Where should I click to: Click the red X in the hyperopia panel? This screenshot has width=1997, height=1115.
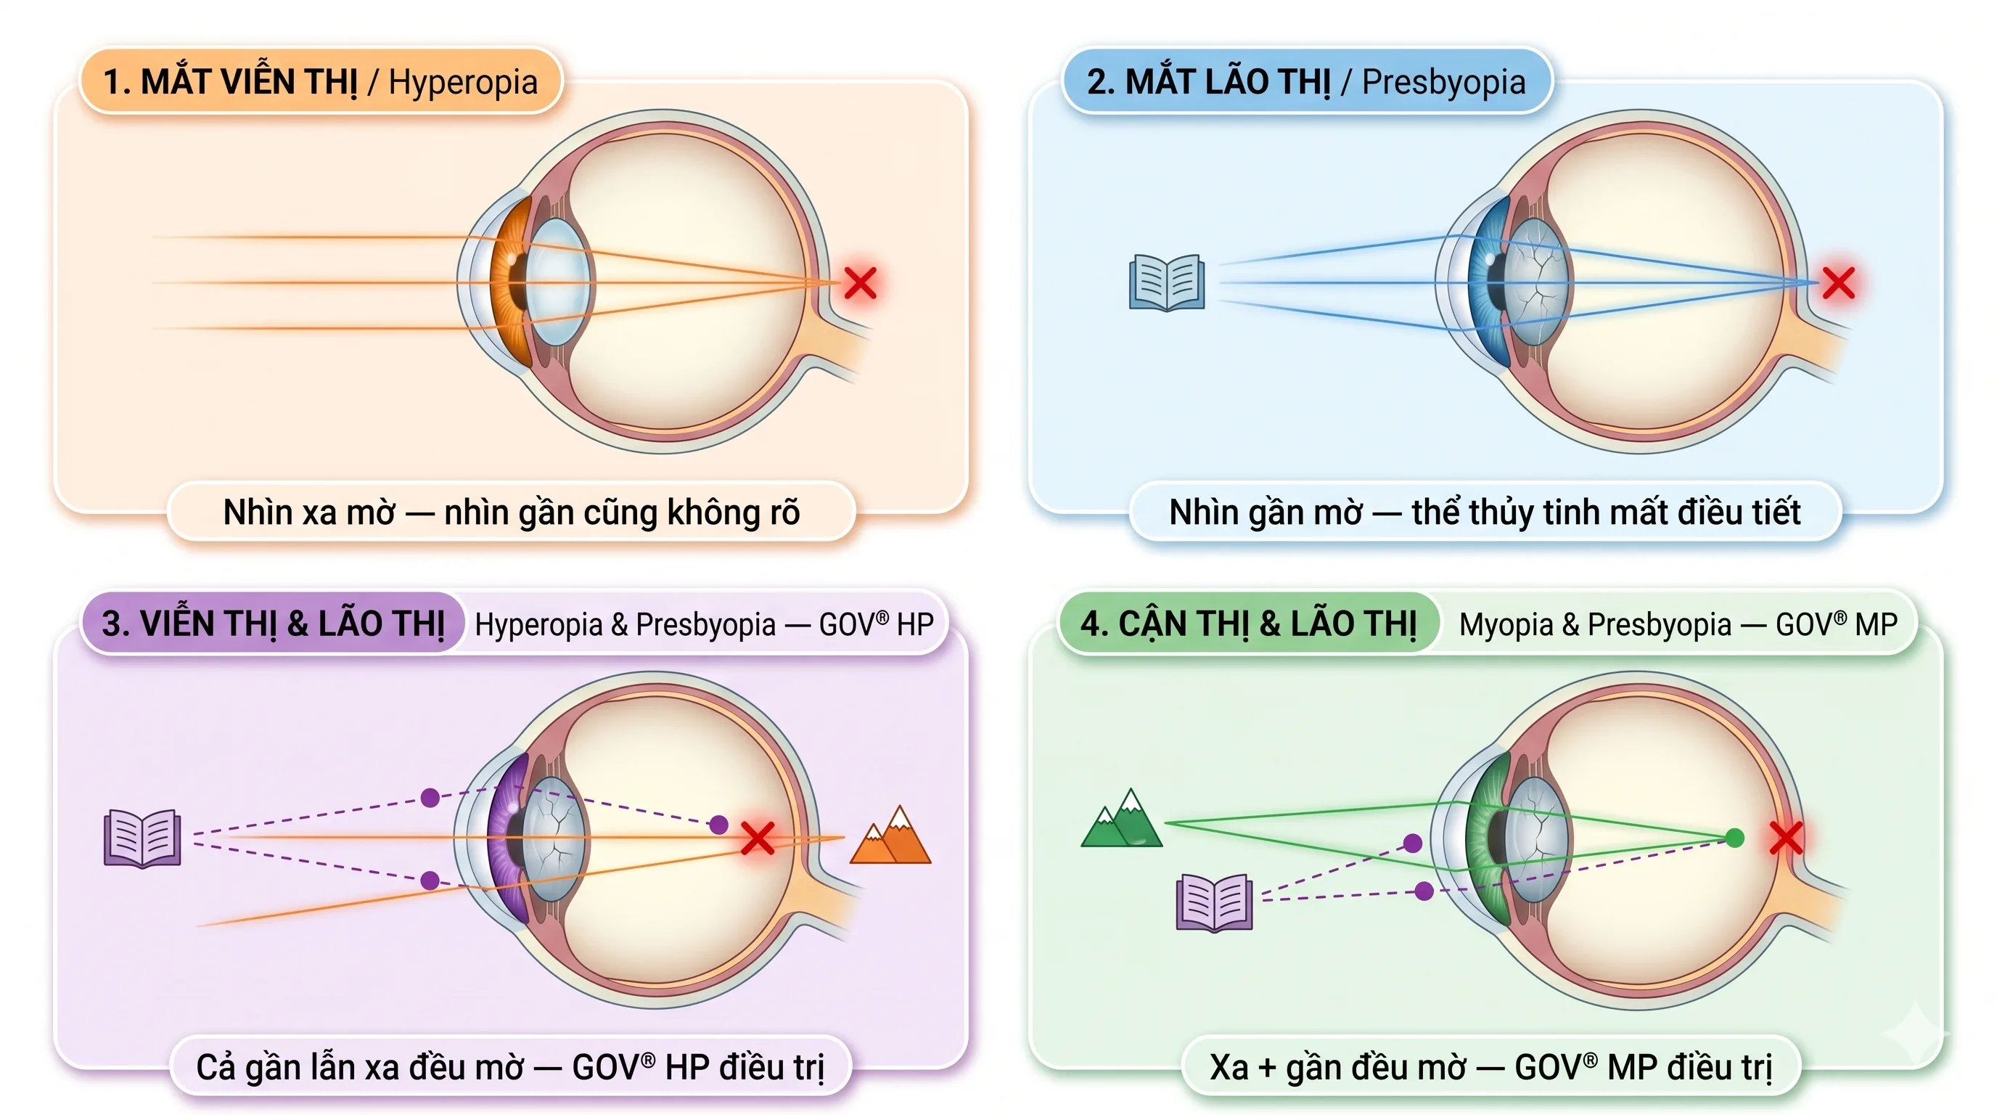pos(860,283)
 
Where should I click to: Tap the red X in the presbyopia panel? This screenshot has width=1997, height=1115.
pos(1838,283)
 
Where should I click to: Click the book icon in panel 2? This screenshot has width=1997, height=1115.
pos(1167,282)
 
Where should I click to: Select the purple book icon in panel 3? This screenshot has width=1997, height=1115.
pos(143,838)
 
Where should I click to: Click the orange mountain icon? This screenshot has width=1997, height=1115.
pos(891,834)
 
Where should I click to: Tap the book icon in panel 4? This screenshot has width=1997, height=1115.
pos(1214,902)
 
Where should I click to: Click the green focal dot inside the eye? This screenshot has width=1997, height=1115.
pos(1735,838)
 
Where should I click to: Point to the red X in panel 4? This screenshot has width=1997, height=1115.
pos(1786,838)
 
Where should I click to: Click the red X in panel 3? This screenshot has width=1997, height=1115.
pos(758,838)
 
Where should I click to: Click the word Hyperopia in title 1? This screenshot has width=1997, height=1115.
pos(463,82)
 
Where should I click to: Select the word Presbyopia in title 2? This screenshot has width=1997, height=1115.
pos(1443,82)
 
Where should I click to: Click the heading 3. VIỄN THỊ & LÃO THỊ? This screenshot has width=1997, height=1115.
pos(273,624)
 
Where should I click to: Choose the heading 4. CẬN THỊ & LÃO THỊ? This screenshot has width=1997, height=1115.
pos(1248,624)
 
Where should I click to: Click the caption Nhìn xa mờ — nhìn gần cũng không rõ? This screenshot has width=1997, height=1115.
pos(512,512)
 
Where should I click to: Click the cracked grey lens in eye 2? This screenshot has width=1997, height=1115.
pos(1536,282)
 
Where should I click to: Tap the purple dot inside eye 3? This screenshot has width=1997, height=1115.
pos(718,824)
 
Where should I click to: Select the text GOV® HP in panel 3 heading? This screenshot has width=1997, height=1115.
pos(876,625)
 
